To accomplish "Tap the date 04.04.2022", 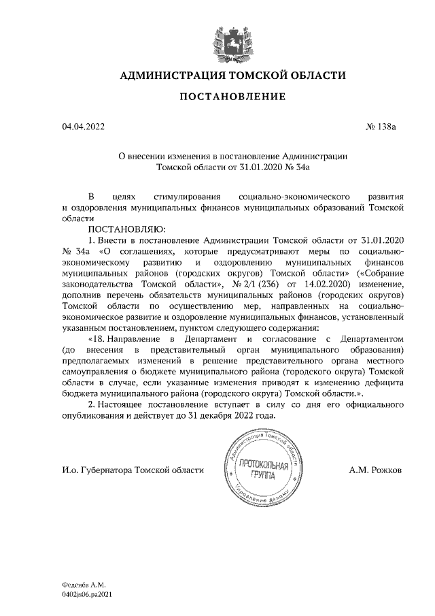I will (83, 127).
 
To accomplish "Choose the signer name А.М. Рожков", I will (375, 470).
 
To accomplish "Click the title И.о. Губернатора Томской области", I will (132, 470).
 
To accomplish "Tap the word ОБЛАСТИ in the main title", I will (312, 74).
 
